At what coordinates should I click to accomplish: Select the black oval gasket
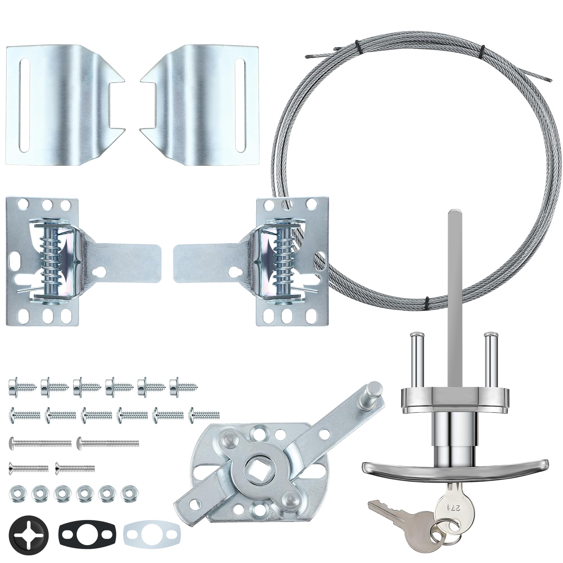pyautogui.click(x=88, y=534)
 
